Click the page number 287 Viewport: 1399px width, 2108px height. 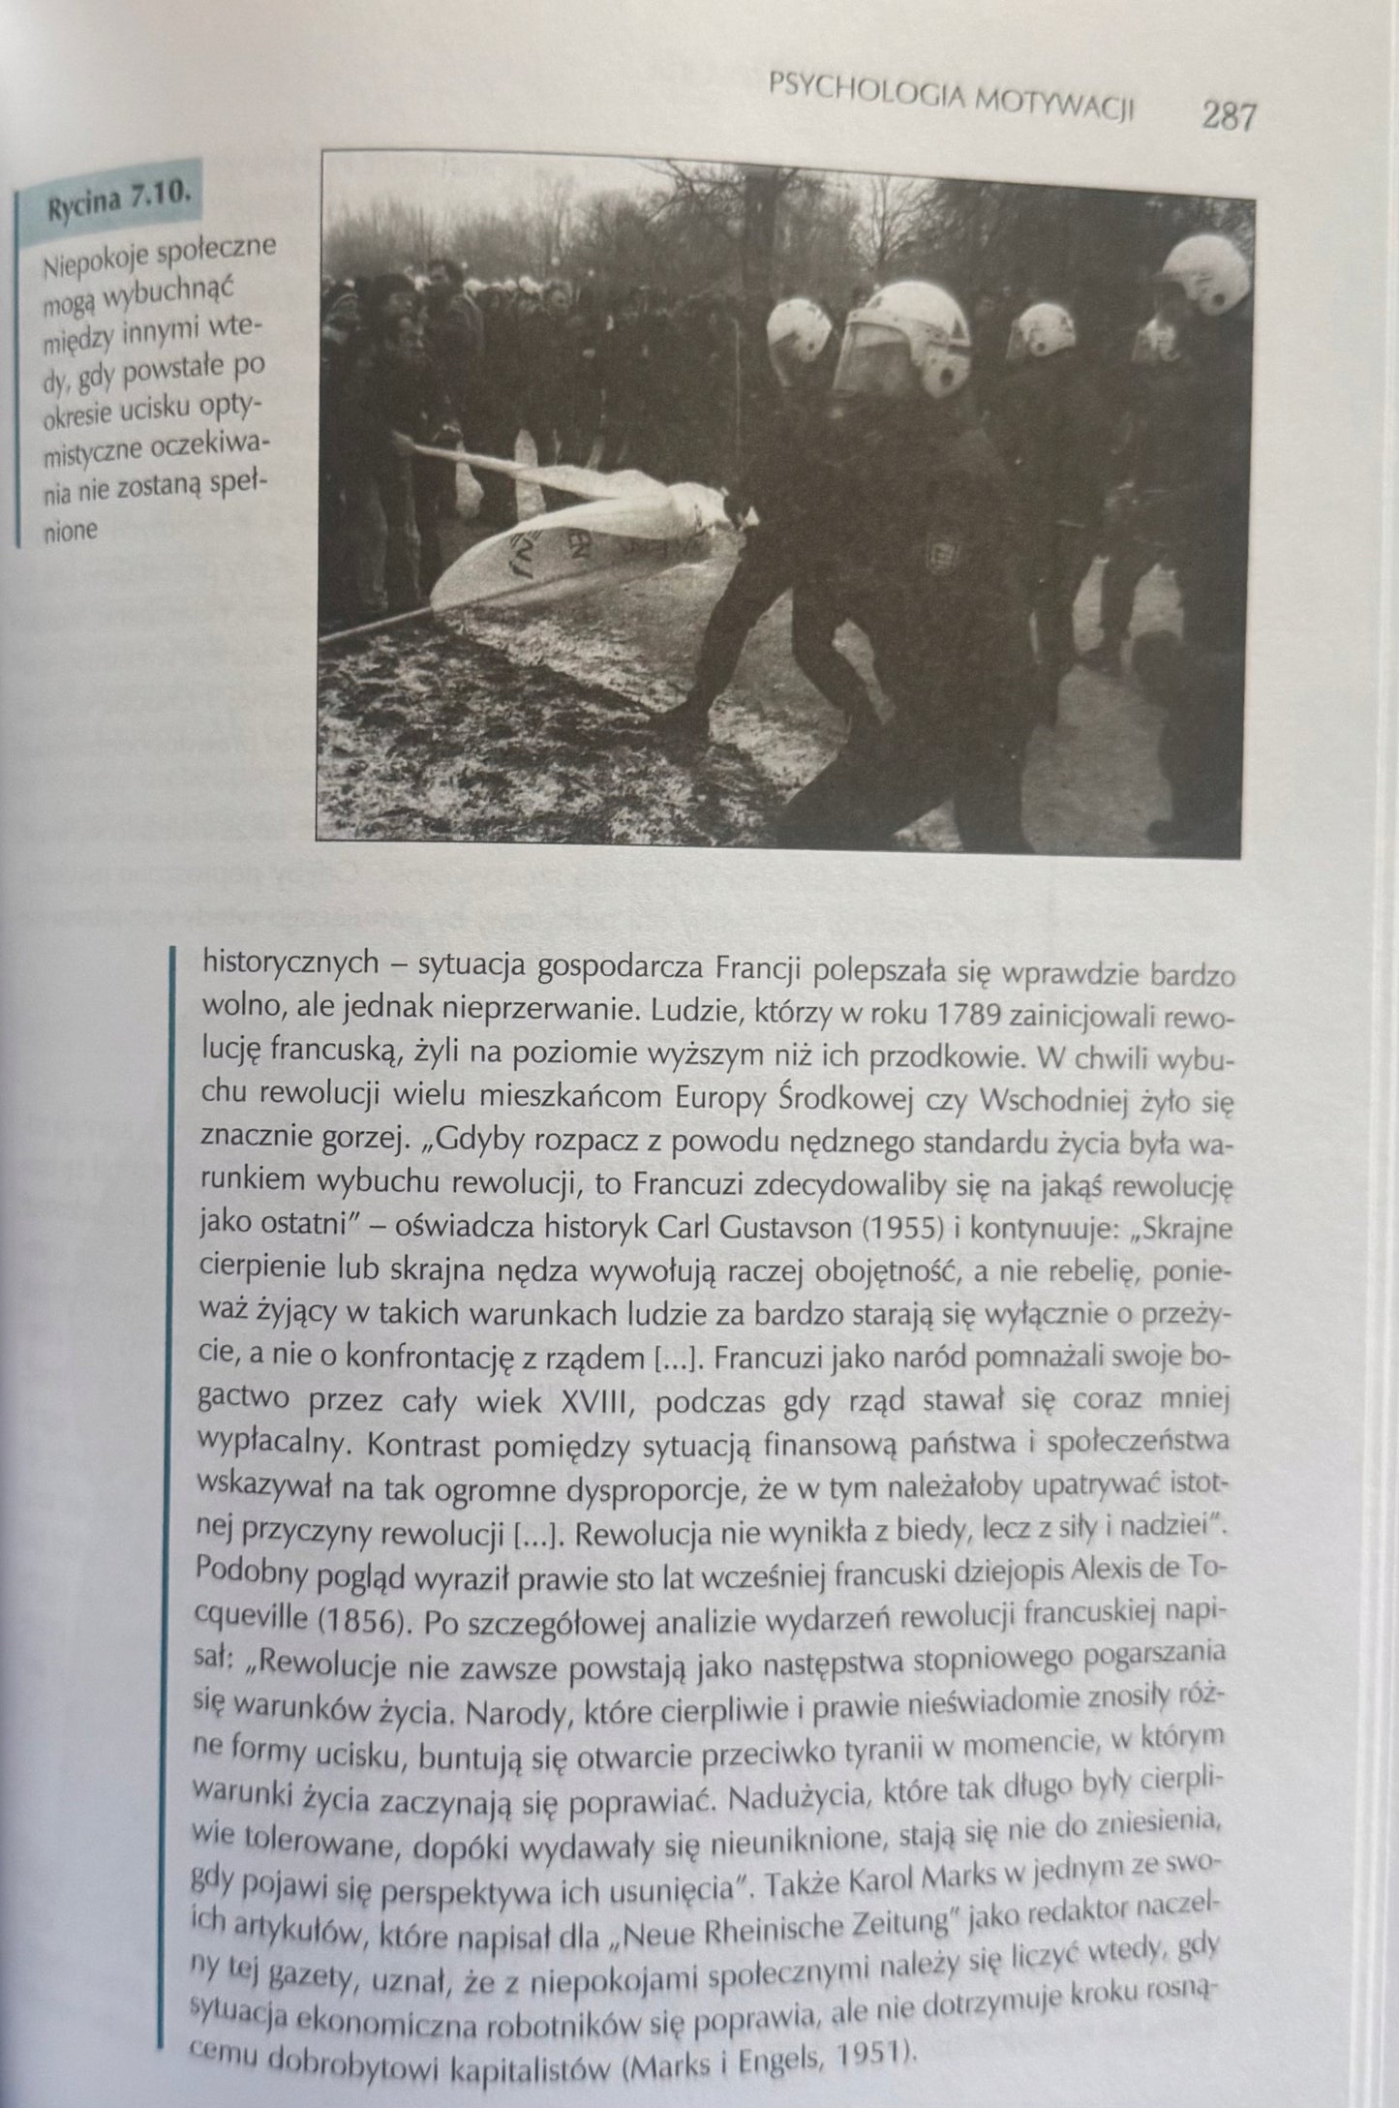point(1228,116)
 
